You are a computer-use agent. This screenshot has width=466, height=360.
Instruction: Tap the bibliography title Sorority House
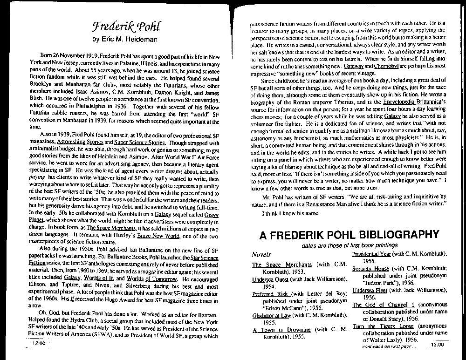point(370,269)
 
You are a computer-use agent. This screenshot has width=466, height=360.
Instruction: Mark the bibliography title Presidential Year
point(371,254)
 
